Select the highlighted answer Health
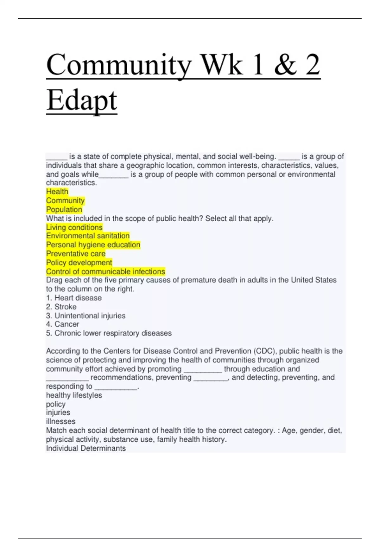point(57,192)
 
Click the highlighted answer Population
point(64,210)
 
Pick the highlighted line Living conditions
point(74,227)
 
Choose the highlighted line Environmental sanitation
point(88,236)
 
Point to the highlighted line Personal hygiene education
point(93,245)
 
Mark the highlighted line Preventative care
point(76,254)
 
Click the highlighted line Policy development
point(79,263)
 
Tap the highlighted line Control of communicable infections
point(105,271)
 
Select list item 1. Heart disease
point(74,298)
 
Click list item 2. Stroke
point(61,307)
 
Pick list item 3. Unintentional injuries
point(85,316)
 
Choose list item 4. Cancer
point(62,324)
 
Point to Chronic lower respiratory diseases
point(113,333)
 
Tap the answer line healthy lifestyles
point(74,395)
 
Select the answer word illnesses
point(60,421)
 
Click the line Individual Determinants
point(86,448)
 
